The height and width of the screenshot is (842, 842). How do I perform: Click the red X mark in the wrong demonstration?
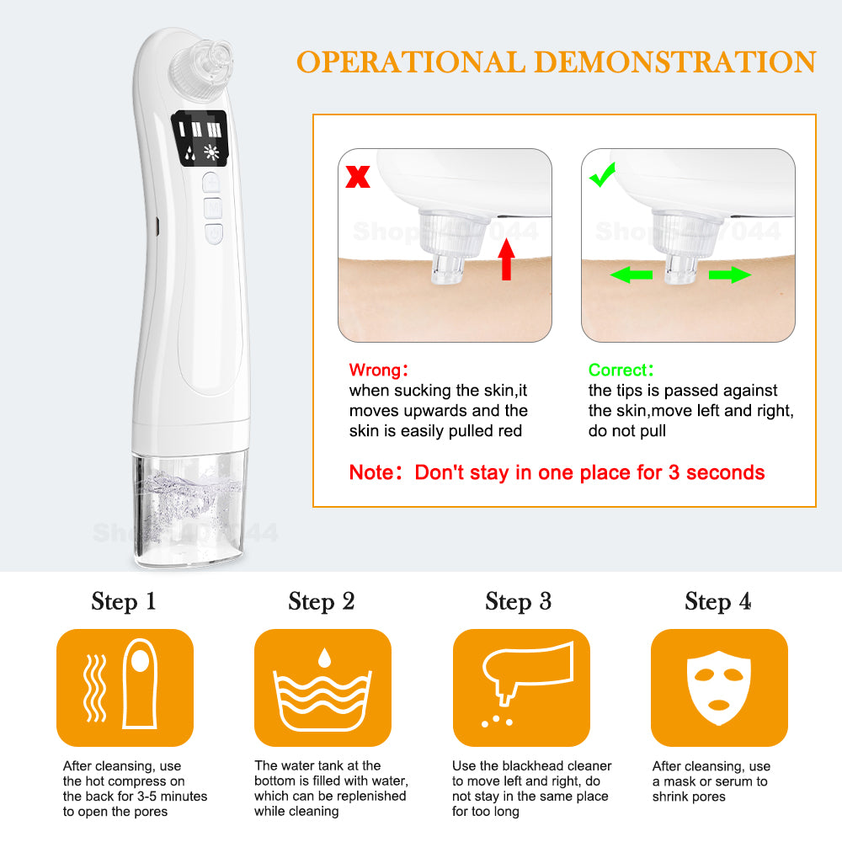click(358, 177)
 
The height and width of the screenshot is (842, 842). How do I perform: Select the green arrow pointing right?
click(729, 274)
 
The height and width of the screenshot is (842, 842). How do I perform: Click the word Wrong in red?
click(373, 370)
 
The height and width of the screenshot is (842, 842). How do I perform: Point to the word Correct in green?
click(617, 370)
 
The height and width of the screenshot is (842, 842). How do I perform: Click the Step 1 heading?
click(124, 601)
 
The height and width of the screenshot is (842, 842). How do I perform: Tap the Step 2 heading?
click(322, 601)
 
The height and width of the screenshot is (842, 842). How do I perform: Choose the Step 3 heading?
click(519, 601)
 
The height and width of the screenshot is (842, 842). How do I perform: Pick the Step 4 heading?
click(717, 601)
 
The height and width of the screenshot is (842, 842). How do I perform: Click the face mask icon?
click(719, 687)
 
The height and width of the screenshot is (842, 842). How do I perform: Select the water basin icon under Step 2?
click(322, 690)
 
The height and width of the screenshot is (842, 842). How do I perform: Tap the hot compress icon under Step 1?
click(125, 687)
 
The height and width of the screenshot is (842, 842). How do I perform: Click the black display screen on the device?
click(202, 141)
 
